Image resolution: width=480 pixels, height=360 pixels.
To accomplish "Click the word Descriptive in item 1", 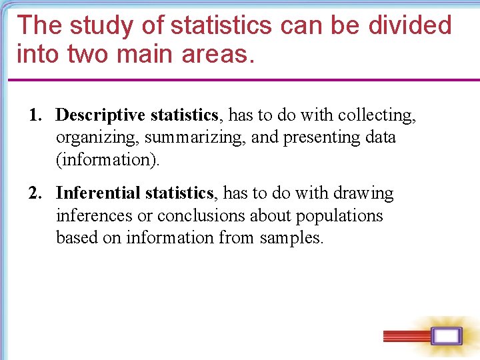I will click(101, 115).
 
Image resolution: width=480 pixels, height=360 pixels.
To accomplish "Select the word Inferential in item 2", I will click(98, 193).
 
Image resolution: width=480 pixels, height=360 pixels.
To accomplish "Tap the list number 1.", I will click(33, 115).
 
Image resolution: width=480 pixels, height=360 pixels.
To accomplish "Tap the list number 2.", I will click(33, 193).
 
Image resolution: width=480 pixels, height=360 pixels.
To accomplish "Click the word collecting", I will click(377, 115).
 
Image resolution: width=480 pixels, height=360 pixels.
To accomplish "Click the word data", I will click(381, 137).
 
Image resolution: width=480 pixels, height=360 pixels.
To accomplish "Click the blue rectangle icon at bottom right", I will click(446, 336).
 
